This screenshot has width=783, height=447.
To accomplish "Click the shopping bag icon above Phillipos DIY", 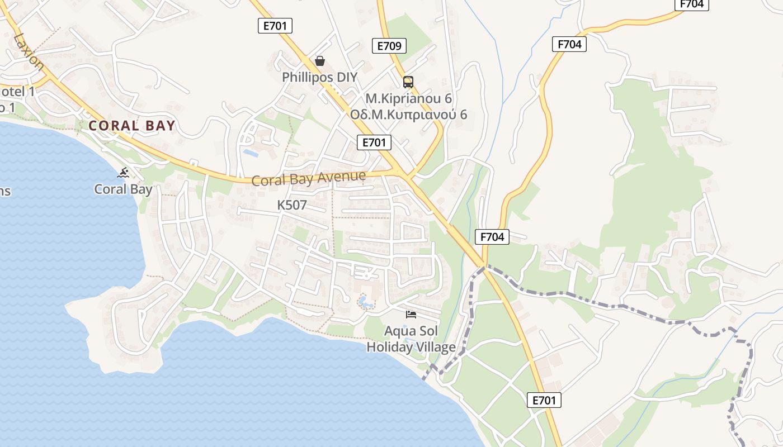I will click(x=320, y=60).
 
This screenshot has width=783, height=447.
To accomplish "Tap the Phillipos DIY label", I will click(x=319, y=77).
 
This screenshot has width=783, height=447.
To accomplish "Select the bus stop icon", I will click(x=408, y=82).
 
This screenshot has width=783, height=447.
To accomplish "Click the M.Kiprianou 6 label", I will click(x=408, y=98).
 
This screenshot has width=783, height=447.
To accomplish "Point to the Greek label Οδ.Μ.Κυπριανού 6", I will click(x=408, y=115).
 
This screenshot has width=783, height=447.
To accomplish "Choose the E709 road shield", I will click(x=389, y=46).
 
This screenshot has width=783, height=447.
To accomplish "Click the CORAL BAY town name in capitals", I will click(x=132, y=126).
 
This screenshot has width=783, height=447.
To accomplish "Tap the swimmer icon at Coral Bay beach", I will click(x=123, y=173).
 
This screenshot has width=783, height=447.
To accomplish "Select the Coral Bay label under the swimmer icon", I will click(x=123, y=189).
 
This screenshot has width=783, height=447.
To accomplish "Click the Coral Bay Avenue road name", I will click(x=309, y=179).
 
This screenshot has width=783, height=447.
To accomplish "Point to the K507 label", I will click(x=292, y=205).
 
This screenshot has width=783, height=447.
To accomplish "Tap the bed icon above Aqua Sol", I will click(x=411, y=315).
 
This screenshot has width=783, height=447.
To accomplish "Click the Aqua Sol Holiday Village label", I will click(x=411, y=339).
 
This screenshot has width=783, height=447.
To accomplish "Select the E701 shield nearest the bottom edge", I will click(x=544, y=400).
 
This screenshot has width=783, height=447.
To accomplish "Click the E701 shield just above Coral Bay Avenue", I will click(x=374, y=142).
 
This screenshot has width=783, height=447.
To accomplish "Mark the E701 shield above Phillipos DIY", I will click(x=275, y=25).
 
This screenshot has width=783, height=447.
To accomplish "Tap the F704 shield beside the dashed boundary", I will click(x=492, y=237).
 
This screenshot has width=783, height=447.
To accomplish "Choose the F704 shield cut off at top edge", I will click(x=692, y=4).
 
